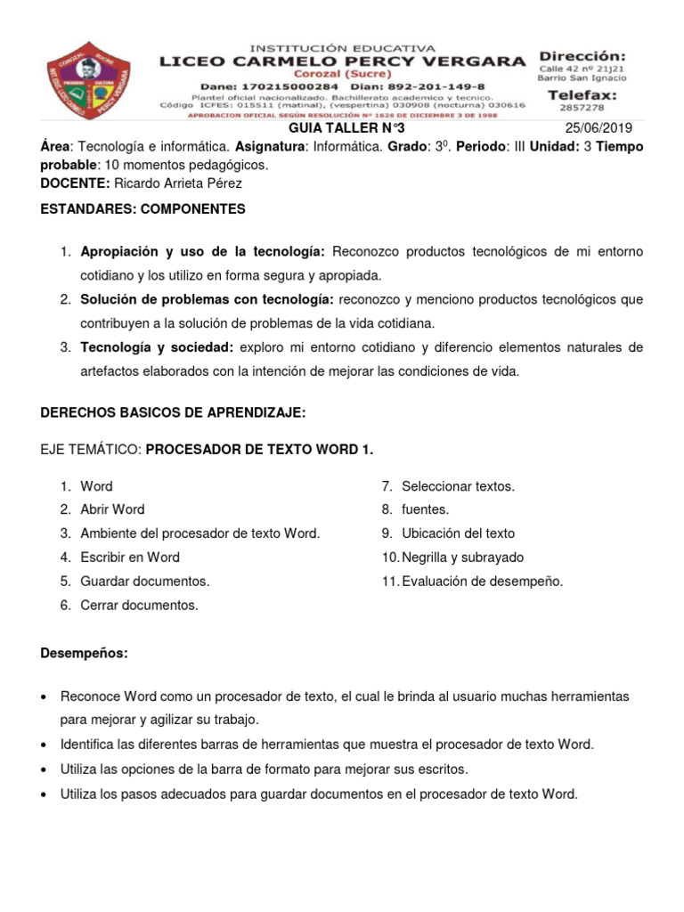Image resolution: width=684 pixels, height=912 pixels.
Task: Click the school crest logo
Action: click(x=88, y=79)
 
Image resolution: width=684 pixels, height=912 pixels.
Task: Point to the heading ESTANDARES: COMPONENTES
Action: click(x=143, y=209)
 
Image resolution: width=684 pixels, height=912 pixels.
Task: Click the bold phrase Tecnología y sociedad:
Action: click(x=157, y=347)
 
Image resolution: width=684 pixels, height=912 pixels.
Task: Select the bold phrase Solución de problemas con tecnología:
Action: click(x=208, y=300)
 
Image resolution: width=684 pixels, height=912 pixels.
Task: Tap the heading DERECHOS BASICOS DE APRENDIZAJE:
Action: click(x=174, y=413)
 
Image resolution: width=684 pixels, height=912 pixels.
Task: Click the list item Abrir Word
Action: click(x=112, y=509)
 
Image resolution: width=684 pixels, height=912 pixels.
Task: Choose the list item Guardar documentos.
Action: click(x=145, y=582)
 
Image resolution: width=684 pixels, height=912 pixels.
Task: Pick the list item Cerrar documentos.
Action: click(x=139, y=606)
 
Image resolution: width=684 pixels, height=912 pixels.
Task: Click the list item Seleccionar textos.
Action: click(x=458, y=486)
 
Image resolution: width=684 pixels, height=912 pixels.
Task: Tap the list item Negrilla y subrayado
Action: click(x=462, y=558)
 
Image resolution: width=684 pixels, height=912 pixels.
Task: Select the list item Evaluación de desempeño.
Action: click(x=482, y=582)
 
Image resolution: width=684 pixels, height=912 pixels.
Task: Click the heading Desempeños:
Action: click(x=85, y=654)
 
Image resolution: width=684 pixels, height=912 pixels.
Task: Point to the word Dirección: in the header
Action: click(x=582, y=56)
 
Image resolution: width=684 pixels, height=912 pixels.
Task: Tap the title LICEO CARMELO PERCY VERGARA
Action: click(x=342, y=61)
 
